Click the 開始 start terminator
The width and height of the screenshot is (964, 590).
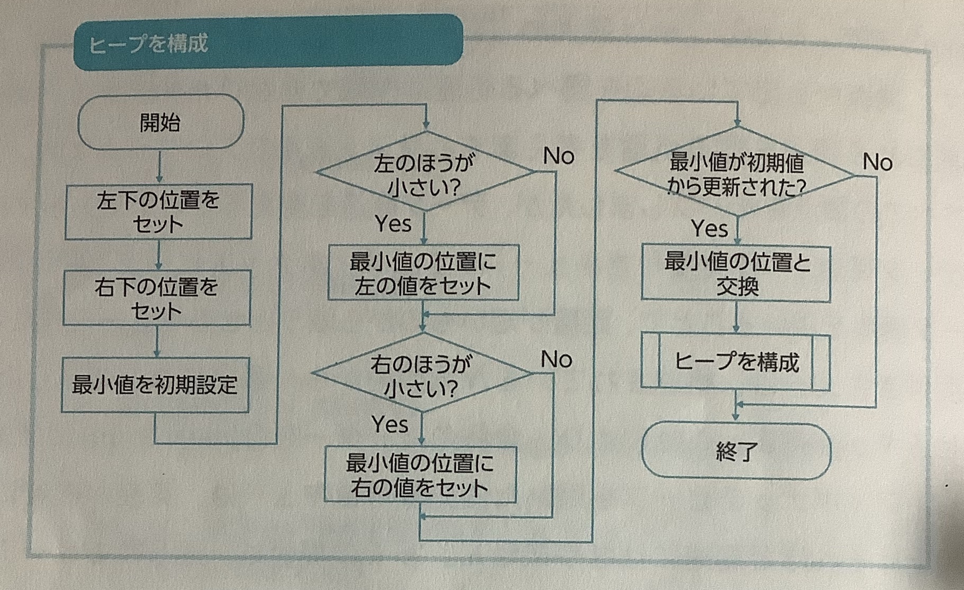[x=160, y=122]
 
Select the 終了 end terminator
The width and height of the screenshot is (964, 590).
[x=736, y=451]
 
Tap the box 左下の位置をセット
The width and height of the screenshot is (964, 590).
[x=158, y=212]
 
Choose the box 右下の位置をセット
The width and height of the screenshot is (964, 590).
[x=157, y=298]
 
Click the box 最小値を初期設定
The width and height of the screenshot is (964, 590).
[x=155, y=385]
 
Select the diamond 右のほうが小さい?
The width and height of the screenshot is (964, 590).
[x=421, y=374]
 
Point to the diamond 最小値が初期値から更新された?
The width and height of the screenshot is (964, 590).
[x=736, y=173]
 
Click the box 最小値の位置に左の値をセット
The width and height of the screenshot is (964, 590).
[x=423, y=273]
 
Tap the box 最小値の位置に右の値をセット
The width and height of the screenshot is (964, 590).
[x=420, y=475]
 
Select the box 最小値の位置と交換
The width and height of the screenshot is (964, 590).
[x=736, y=274]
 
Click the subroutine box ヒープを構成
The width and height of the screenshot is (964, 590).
[x=736, y=362]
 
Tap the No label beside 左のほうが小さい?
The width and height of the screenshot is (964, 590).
[x=558, y=156]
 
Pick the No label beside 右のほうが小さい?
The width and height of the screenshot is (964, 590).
[x=556, y=360]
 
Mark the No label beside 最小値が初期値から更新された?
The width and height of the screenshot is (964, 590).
[x=877, y=162]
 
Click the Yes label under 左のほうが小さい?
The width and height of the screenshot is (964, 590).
[x=393, y=224]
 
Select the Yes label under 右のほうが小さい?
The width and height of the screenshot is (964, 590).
[x=390, y=424]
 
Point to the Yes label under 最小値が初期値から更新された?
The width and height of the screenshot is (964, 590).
[x=709, y=229]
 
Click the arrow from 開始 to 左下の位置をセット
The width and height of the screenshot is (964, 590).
[x=159, y=167]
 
